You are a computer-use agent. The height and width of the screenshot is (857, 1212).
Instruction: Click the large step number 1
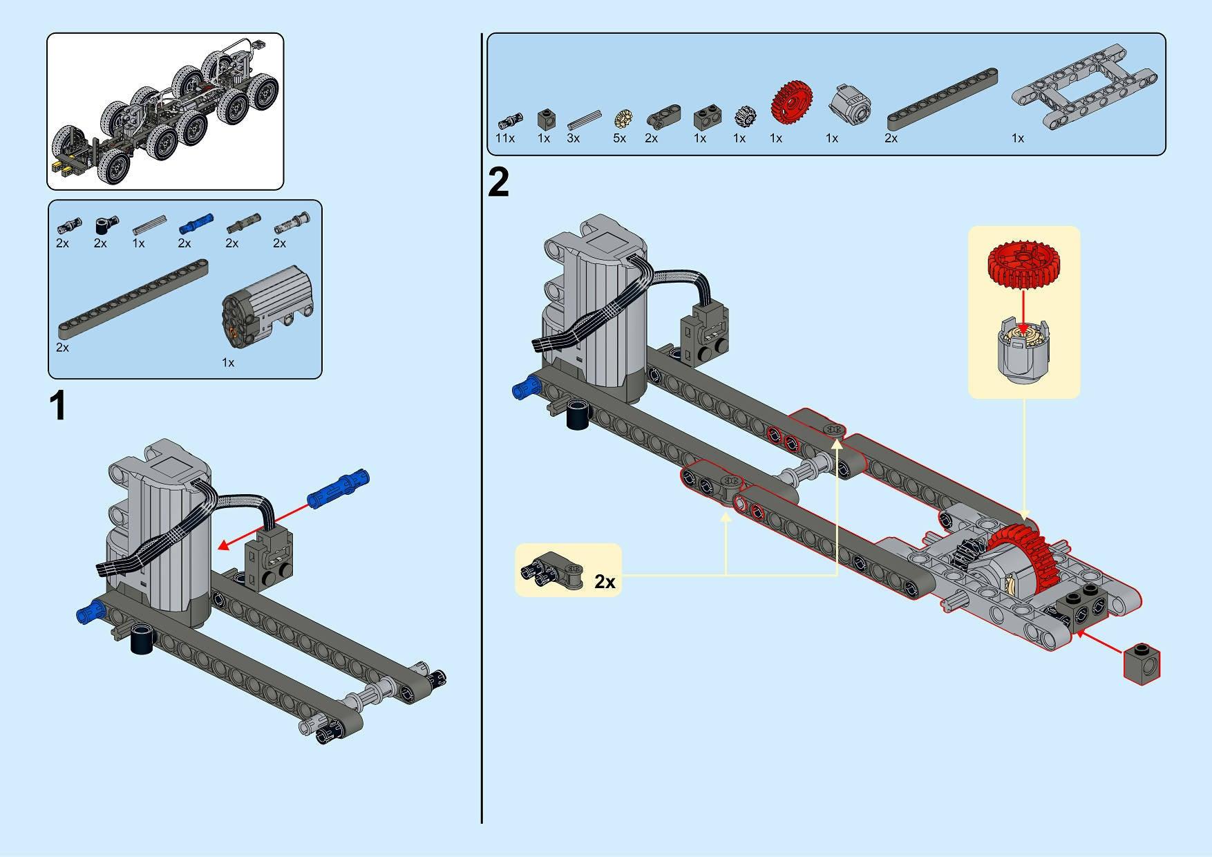(x=59, y=406)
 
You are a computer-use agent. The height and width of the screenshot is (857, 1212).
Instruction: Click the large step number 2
(x=498, y=183)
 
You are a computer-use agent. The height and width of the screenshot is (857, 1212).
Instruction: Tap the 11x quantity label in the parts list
(x=505, y=138)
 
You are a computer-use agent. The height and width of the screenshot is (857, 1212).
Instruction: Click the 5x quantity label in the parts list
(x=619, y=138)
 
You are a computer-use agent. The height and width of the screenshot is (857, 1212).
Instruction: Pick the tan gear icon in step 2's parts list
(x=623, y=119)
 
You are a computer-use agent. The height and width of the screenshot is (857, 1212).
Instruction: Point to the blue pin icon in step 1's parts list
(x=196, y=223)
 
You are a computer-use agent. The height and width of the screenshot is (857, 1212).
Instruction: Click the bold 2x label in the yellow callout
(x=605, y=582)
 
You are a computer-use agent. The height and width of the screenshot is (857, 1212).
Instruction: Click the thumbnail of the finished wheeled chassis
(x=165, y=111)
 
